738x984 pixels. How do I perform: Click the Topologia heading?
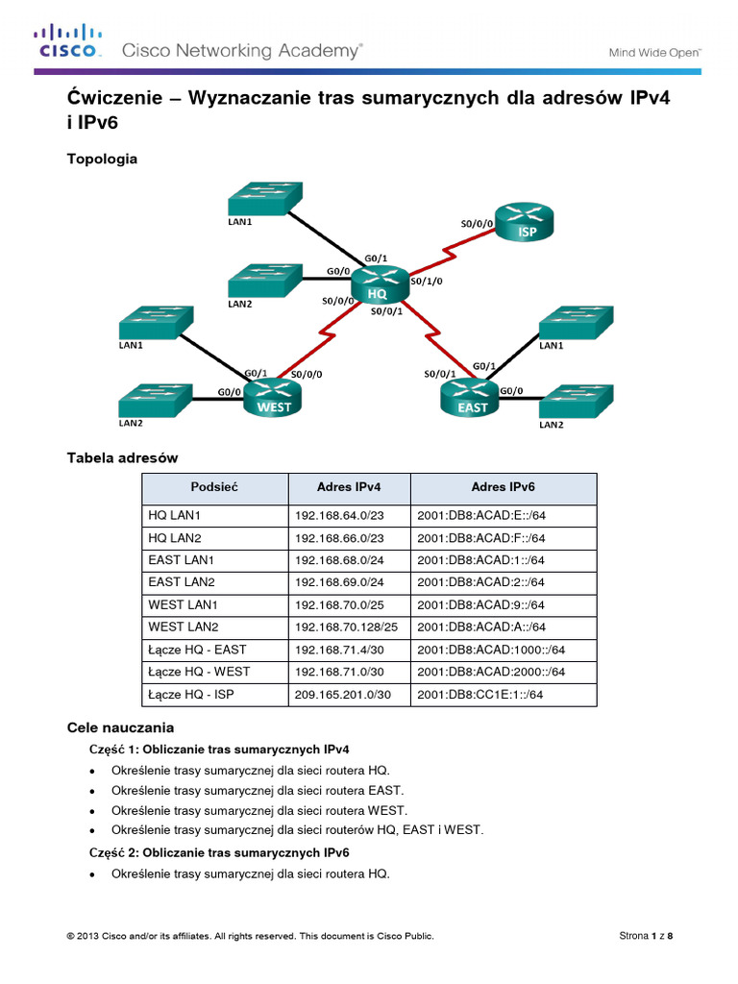pos(101,159)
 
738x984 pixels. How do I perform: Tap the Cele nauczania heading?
pos(119,728)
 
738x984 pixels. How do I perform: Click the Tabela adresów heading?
pos(121,458)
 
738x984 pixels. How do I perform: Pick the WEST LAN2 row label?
pos(184,627)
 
